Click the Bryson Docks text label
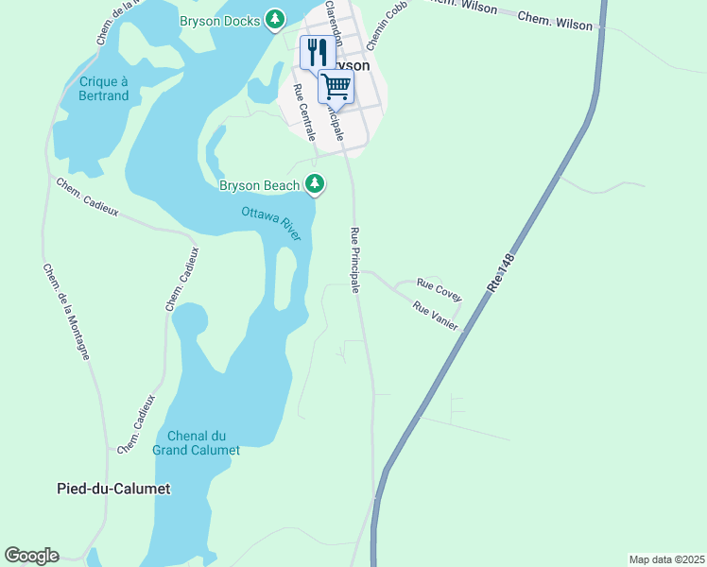219,21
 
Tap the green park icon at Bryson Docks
275,19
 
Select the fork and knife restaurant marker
317,51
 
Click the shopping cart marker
336,86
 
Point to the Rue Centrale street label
304,112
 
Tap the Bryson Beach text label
259,185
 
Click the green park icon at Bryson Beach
316,184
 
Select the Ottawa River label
271,222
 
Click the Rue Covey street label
440,290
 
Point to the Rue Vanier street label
436,317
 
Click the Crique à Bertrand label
104,89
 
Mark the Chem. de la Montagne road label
66,311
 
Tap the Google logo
31,556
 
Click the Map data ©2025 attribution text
666,559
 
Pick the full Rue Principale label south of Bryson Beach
355,260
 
